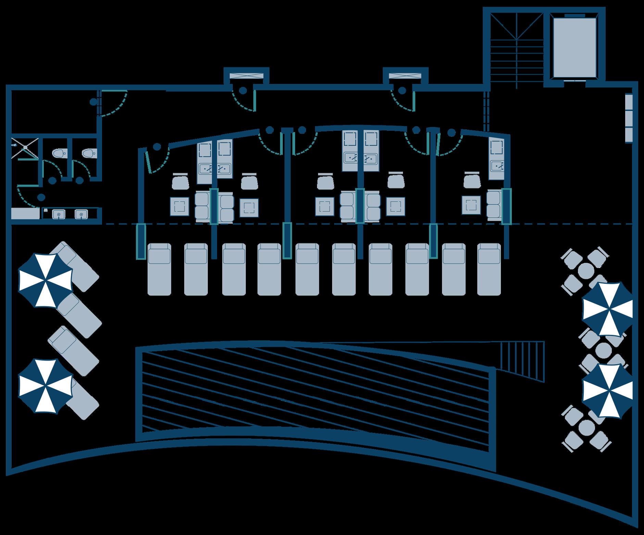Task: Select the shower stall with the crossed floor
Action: (x=25, y=148)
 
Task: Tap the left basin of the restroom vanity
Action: (x=59, y=214)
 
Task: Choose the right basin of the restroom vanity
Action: (x=81, y=214)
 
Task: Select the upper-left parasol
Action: (x=46, y=279)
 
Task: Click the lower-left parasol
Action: (x=46, y=385)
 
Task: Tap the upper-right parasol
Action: (x=607, y=309)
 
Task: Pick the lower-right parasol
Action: (x=607, y=391)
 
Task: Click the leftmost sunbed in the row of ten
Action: (x=159, y=269)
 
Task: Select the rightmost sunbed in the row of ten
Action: (x=489, y=269)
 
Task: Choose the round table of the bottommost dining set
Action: (x=586, y=428)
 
